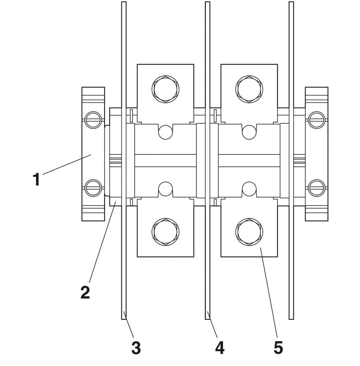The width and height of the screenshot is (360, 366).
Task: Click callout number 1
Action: click(x=36, y=179)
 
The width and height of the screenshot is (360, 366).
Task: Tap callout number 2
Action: click(x=85, y=292)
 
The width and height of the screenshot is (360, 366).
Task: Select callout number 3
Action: click(x=136, y=347)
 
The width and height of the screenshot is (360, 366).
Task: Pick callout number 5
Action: click(x=278, y=347)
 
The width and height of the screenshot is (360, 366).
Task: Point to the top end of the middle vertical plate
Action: click(x=208, y=4)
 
